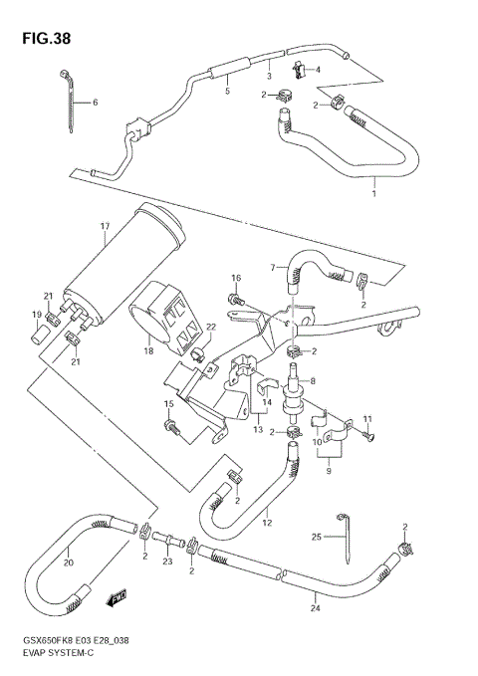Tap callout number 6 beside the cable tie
point(96,104)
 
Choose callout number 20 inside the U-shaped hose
point(68,560)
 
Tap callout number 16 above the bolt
point(236,278)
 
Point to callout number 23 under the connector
point(167,562)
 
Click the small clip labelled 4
point(299,69)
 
